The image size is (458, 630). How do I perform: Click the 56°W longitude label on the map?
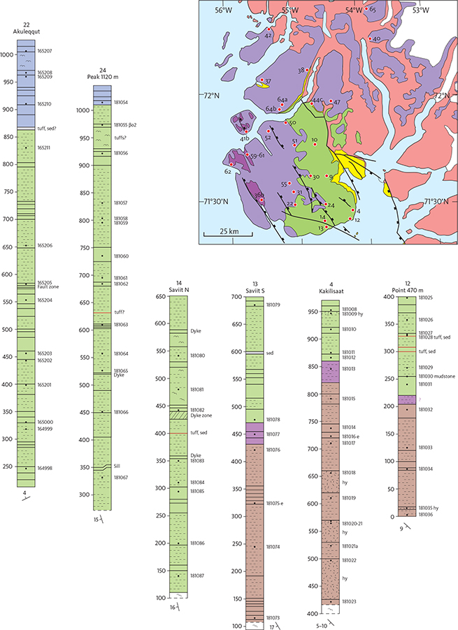pyautogui.click(x=222, y=10)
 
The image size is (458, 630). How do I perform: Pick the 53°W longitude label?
pyautogui.click(x=420, y=10)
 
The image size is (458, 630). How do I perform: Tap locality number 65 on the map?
pyautogui.click(x=373, y=10)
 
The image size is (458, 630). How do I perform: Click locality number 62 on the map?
pyautogui.click(x=228, y=171)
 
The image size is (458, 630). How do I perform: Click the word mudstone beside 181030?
pyautogui.click(x=438, y=377)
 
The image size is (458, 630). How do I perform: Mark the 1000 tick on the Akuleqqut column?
pyautogui.click(x=8, y=54)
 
